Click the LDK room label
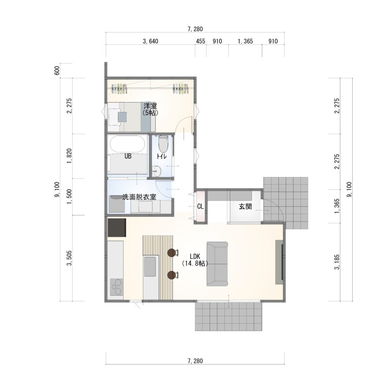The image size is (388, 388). (x=195, y=260)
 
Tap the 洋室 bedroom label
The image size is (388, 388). (x=150, y=110)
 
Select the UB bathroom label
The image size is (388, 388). (x=128, y=156)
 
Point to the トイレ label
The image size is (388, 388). (x=161, y=156)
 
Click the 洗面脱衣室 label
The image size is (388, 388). (x=139, y=197)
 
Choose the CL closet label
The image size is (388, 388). (x=200, y=207)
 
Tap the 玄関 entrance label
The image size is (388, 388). (x=245, y=207)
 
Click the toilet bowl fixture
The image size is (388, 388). (x=163, y=144)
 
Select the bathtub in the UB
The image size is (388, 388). (x=127, y=145)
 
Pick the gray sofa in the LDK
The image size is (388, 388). (x=217, y=264)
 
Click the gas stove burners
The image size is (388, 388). (x=116, y=287)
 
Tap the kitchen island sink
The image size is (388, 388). (x=150, y=266)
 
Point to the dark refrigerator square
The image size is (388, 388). (x=117, y=227)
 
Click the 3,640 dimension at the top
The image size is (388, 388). (x=150, y=41)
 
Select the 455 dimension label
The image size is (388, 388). (x=200, y=41)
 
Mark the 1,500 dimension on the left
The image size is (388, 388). (x=69, y=197)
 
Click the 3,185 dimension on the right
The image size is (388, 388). (x=337, y=262)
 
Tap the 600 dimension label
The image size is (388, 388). (x=57, y=71)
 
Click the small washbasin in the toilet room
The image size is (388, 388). (x=156, y=171)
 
